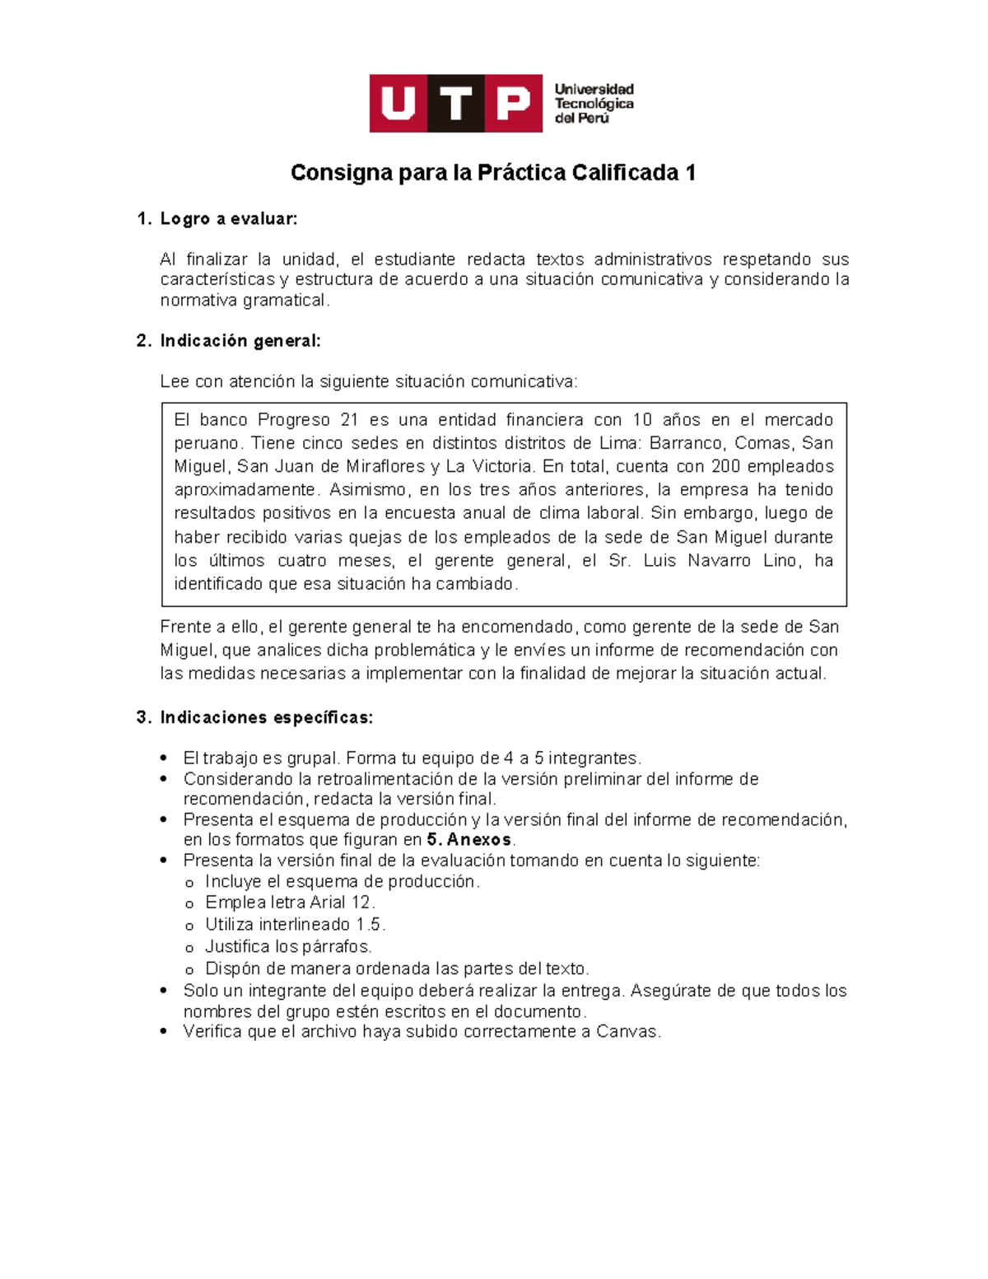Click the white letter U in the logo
tap(398, 104)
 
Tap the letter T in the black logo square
tap(456, 104)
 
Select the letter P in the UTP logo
tap(512, 104)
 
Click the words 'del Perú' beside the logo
tap(582, 119)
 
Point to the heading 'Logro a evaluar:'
tap(229, 219)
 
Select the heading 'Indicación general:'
tap(240, 341)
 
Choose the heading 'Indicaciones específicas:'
tap(267, 717)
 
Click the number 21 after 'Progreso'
tap(349, 420)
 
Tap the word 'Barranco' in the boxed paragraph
tap(687, 443)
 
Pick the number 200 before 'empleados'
tap(726, 466)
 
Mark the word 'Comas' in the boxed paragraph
tap(762, 443)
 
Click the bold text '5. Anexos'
tap(469, 840)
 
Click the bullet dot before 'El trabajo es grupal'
tap(165, 758)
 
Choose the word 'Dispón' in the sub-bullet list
tap(231, 969)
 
